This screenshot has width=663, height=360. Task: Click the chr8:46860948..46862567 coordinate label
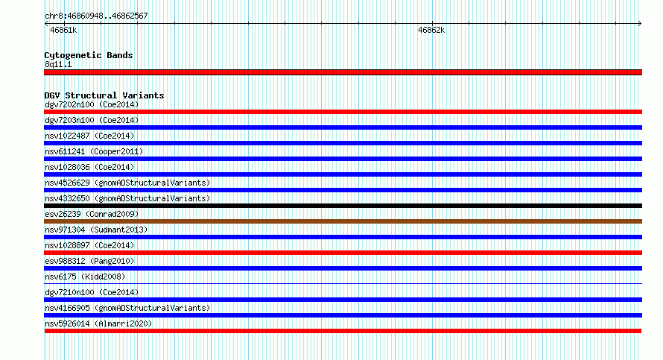[x=96, y=16]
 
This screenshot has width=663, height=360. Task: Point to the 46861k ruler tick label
[x=63, y=30]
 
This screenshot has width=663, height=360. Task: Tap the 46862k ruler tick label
[x=431, y=30]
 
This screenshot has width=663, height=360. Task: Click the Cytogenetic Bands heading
[x=89, y=55]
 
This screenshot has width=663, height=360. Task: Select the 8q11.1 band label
[x=58, y=64]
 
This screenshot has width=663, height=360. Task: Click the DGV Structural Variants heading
[x=104, y=95]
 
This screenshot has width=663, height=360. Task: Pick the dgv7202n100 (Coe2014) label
[x=92, y=104]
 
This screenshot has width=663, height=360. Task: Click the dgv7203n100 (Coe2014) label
[x=92, y=120]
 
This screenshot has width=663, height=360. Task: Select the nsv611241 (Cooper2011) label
[x=94, y=151]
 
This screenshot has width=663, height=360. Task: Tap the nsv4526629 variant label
[x=127, y=183]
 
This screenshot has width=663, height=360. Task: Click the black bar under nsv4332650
[x=343, y=206]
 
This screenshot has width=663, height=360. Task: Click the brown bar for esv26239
[x=343, y=221]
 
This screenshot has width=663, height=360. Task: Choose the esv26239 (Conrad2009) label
[x=92, y=214]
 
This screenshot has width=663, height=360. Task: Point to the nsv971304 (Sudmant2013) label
[x=96, y=230]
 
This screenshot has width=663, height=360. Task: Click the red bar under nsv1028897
[x=343, y=253]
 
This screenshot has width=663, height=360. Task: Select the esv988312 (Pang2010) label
[x=89, y=261]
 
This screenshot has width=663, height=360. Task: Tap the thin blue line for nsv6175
[x=343, y=283]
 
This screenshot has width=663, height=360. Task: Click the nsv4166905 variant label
[x=127, y=308]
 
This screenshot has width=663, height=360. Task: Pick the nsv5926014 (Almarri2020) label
[x=98, y=323]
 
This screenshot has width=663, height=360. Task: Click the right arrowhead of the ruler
[x=640, y=23]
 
